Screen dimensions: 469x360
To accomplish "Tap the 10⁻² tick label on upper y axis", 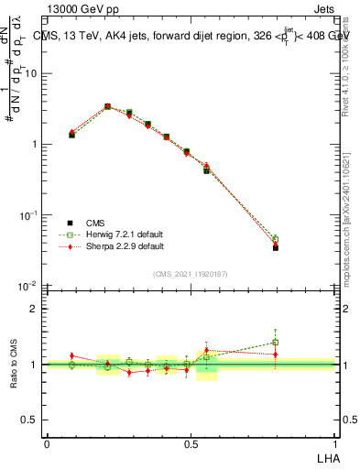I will [x=28, y=286].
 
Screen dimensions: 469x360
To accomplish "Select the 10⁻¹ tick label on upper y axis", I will [x=28, y=215].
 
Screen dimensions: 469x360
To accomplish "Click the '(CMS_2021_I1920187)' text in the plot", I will [x=190, y=272].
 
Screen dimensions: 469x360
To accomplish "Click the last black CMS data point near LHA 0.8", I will [x=276, y=247].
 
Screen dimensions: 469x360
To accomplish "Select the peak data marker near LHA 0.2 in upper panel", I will [x=108, y=106].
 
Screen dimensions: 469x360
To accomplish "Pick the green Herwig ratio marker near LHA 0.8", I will [x=276, y=343].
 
